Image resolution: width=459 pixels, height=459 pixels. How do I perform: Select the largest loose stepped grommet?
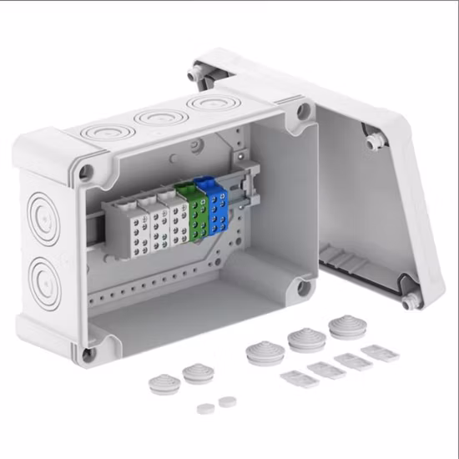(x=346, y=325)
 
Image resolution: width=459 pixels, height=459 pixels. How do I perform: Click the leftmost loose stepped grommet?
(x=160, y=384)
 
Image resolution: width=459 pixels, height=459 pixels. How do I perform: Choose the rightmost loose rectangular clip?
(x=381, y=352)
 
